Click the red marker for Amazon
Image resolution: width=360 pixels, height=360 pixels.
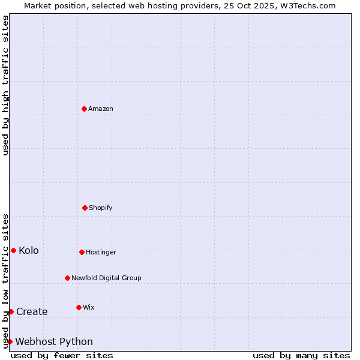point(85,109)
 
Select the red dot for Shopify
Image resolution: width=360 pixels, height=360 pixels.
point(85,208)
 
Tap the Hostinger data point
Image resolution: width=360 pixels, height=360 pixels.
point(82,252)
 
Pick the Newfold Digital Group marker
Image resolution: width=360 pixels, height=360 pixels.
point(67,278)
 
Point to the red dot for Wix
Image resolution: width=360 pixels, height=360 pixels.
point(79,307)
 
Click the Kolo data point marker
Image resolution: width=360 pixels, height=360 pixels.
point(13,250)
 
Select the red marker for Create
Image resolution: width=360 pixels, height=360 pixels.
point(11,311)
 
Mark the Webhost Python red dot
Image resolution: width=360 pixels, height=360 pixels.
point(10,341)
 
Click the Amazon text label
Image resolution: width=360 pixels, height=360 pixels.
point(101,109)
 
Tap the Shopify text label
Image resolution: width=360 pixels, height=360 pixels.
point(101,208)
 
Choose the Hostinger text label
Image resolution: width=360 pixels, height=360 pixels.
point(101,252)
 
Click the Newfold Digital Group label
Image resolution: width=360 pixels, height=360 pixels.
point(106,278)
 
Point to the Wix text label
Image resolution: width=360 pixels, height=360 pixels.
point(89,307)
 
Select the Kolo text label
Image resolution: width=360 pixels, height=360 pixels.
point(29,250)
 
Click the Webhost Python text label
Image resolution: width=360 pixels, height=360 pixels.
point(54,341)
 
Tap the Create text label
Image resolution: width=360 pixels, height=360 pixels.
point(32,311)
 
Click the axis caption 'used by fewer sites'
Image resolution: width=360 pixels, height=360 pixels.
point(62,355)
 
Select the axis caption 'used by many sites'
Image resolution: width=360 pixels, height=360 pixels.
point(301,355)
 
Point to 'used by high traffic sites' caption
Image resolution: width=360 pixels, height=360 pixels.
point(6,85)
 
